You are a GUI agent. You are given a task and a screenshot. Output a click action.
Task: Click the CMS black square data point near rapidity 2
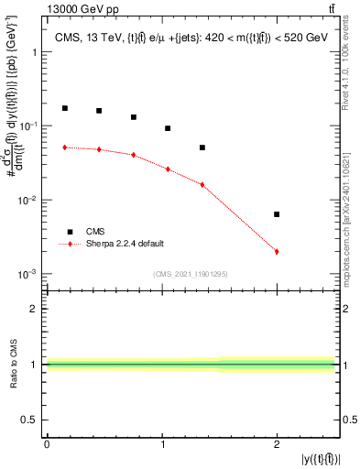pos(277,214)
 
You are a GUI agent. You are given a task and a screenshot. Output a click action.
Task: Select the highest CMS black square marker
pos(64,108)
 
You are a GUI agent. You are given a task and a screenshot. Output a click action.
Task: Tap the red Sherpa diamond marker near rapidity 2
pos(277,251)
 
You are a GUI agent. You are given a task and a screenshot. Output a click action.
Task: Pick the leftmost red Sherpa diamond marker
pos(64,147)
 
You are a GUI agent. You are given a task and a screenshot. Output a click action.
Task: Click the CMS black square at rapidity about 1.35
pos(202,147)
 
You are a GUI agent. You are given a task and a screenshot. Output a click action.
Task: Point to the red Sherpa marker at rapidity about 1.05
pos(168,169)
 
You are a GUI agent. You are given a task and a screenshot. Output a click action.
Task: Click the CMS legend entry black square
pos(68,232)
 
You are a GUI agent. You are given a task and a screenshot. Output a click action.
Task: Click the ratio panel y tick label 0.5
pos(31,421)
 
